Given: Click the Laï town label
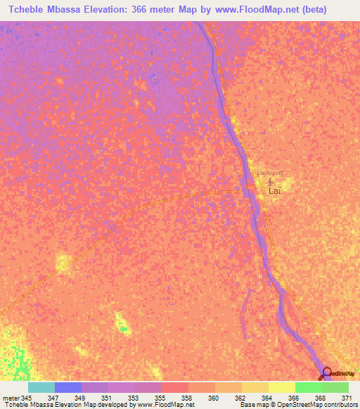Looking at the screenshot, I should (276, 190).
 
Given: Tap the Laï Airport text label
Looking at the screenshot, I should (269, 172).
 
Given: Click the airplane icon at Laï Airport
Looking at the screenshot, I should (271, 181).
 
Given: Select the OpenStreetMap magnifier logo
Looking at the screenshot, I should (326, 373).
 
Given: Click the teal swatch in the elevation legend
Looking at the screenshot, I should (41, 387).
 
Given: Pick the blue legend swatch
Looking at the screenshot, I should (67, 387).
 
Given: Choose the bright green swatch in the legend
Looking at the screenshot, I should (308, 387).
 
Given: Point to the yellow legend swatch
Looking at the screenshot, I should (281, 387).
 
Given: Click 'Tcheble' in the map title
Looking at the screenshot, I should (29, 10).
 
